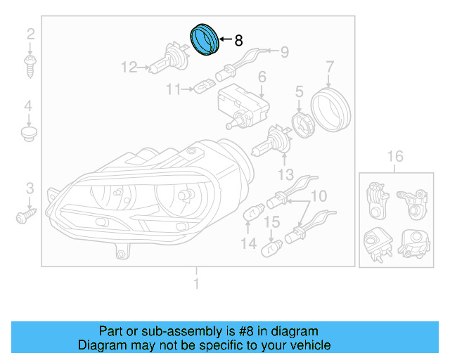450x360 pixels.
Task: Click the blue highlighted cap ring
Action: (205, 38)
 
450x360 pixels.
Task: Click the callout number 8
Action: (238, 41)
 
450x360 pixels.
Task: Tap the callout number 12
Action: (129, 68)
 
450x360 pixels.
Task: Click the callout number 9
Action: (285, 51)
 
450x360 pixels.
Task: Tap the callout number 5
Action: (298, 91)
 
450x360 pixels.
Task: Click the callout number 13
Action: (285, 174)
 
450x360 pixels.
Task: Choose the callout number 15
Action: (271, 223)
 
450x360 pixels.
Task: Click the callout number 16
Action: (395, 156)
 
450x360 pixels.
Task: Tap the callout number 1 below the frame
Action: (196, 284)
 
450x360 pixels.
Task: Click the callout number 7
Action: (329, 67)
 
